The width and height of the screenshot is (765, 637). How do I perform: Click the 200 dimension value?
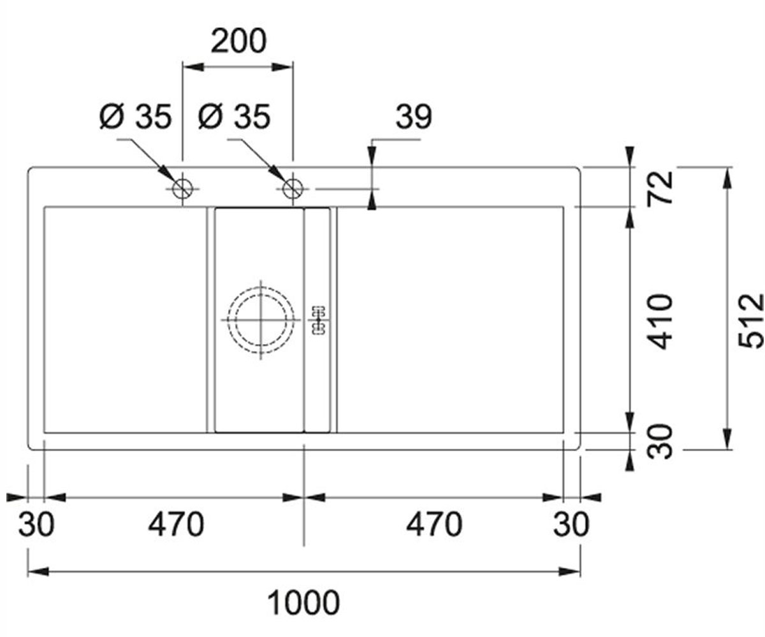[x=238, y=41]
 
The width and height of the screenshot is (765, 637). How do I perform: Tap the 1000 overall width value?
[x=303, y=602]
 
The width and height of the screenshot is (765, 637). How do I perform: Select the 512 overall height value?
[x=751, y=320]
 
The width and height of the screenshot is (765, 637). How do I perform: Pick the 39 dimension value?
[x=414, y=117]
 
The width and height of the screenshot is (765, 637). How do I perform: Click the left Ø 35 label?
[x=136, y=117]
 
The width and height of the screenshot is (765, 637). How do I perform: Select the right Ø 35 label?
[x=234, y=117]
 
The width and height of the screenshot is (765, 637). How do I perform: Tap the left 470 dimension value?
[x=176, y=525]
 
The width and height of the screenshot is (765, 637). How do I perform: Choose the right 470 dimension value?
[x=434, y=525]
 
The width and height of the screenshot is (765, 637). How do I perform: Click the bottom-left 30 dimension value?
[x=36, y=525]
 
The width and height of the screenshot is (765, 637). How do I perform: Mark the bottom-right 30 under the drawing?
[x=571, y=525]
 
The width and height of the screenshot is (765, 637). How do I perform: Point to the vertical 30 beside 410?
[x=660, y=441]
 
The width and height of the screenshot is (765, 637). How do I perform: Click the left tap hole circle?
[x=182, y=189]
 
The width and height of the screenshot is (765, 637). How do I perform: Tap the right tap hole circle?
[x=293, y=189]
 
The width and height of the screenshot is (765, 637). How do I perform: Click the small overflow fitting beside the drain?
[x=318, y=320]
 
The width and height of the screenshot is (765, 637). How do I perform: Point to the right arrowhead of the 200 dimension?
[x=282, y=68]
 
